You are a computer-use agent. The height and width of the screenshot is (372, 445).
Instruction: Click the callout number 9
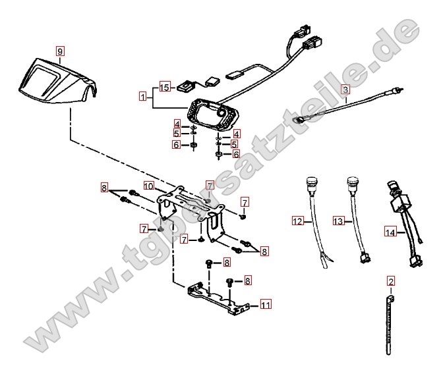(x=60, y=51)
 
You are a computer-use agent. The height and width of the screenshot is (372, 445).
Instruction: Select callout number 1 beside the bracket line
(x=142, y=96)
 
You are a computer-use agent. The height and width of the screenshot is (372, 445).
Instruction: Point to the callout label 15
(x=164, y=87)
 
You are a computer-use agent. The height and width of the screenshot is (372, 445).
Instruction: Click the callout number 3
(x=345, y=88)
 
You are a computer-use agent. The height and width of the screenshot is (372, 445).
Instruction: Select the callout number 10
(x=149, y=187)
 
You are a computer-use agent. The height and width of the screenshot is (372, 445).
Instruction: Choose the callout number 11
(x=265, y=304)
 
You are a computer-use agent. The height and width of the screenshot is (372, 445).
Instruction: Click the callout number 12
(x=297, y=222)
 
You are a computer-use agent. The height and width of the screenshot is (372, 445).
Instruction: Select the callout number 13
(x=338, y=222)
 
